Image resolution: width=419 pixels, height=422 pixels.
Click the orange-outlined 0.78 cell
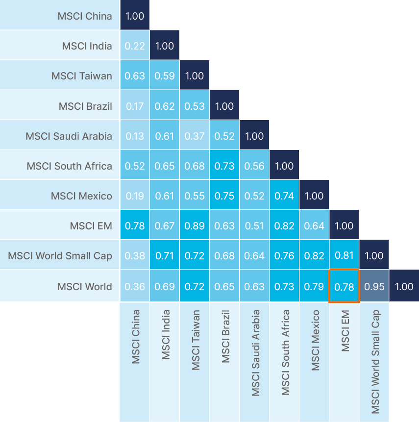(344, 286)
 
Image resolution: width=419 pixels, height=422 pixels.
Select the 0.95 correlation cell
(374, 286)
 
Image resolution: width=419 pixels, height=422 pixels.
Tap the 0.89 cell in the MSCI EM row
(195, 226)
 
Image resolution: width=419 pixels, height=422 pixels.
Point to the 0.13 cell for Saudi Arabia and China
(135, 136)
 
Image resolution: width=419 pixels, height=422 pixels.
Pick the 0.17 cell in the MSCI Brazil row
(135, 106)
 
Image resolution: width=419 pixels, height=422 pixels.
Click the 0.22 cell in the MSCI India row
(135, 46)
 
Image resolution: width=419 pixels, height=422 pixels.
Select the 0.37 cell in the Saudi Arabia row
(195, 136)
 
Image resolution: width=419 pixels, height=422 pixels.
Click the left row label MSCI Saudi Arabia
(69, 136)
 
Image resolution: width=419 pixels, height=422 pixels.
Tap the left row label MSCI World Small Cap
(60, 256)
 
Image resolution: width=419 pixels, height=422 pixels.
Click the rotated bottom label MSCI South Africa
(285, 352)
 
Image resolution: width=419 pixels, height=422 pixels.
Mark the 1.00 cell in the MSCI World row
(404, 286)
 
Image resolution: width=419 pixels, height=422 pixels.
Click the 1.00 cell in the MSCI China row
(135, 16)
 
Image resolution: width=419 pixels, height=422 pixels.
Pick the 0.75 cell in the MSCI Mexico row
(224, 196)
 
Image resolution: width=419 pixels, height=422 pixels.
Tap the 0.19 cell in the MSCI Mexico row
(135, 196)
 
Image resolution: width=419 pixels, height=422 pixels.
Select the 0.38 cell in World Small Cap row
(135, 256)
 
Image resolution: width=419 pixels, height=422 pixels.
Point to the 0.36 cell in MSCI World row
(135, 286)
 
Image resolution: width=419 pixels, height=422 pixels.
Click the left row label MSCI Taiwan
(81, 76)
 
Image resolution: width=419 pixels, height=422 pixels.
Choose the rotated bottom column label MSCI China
(135, 337)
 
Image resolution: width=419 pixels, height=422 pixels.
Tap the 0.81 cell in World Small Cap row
(344, 256)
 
